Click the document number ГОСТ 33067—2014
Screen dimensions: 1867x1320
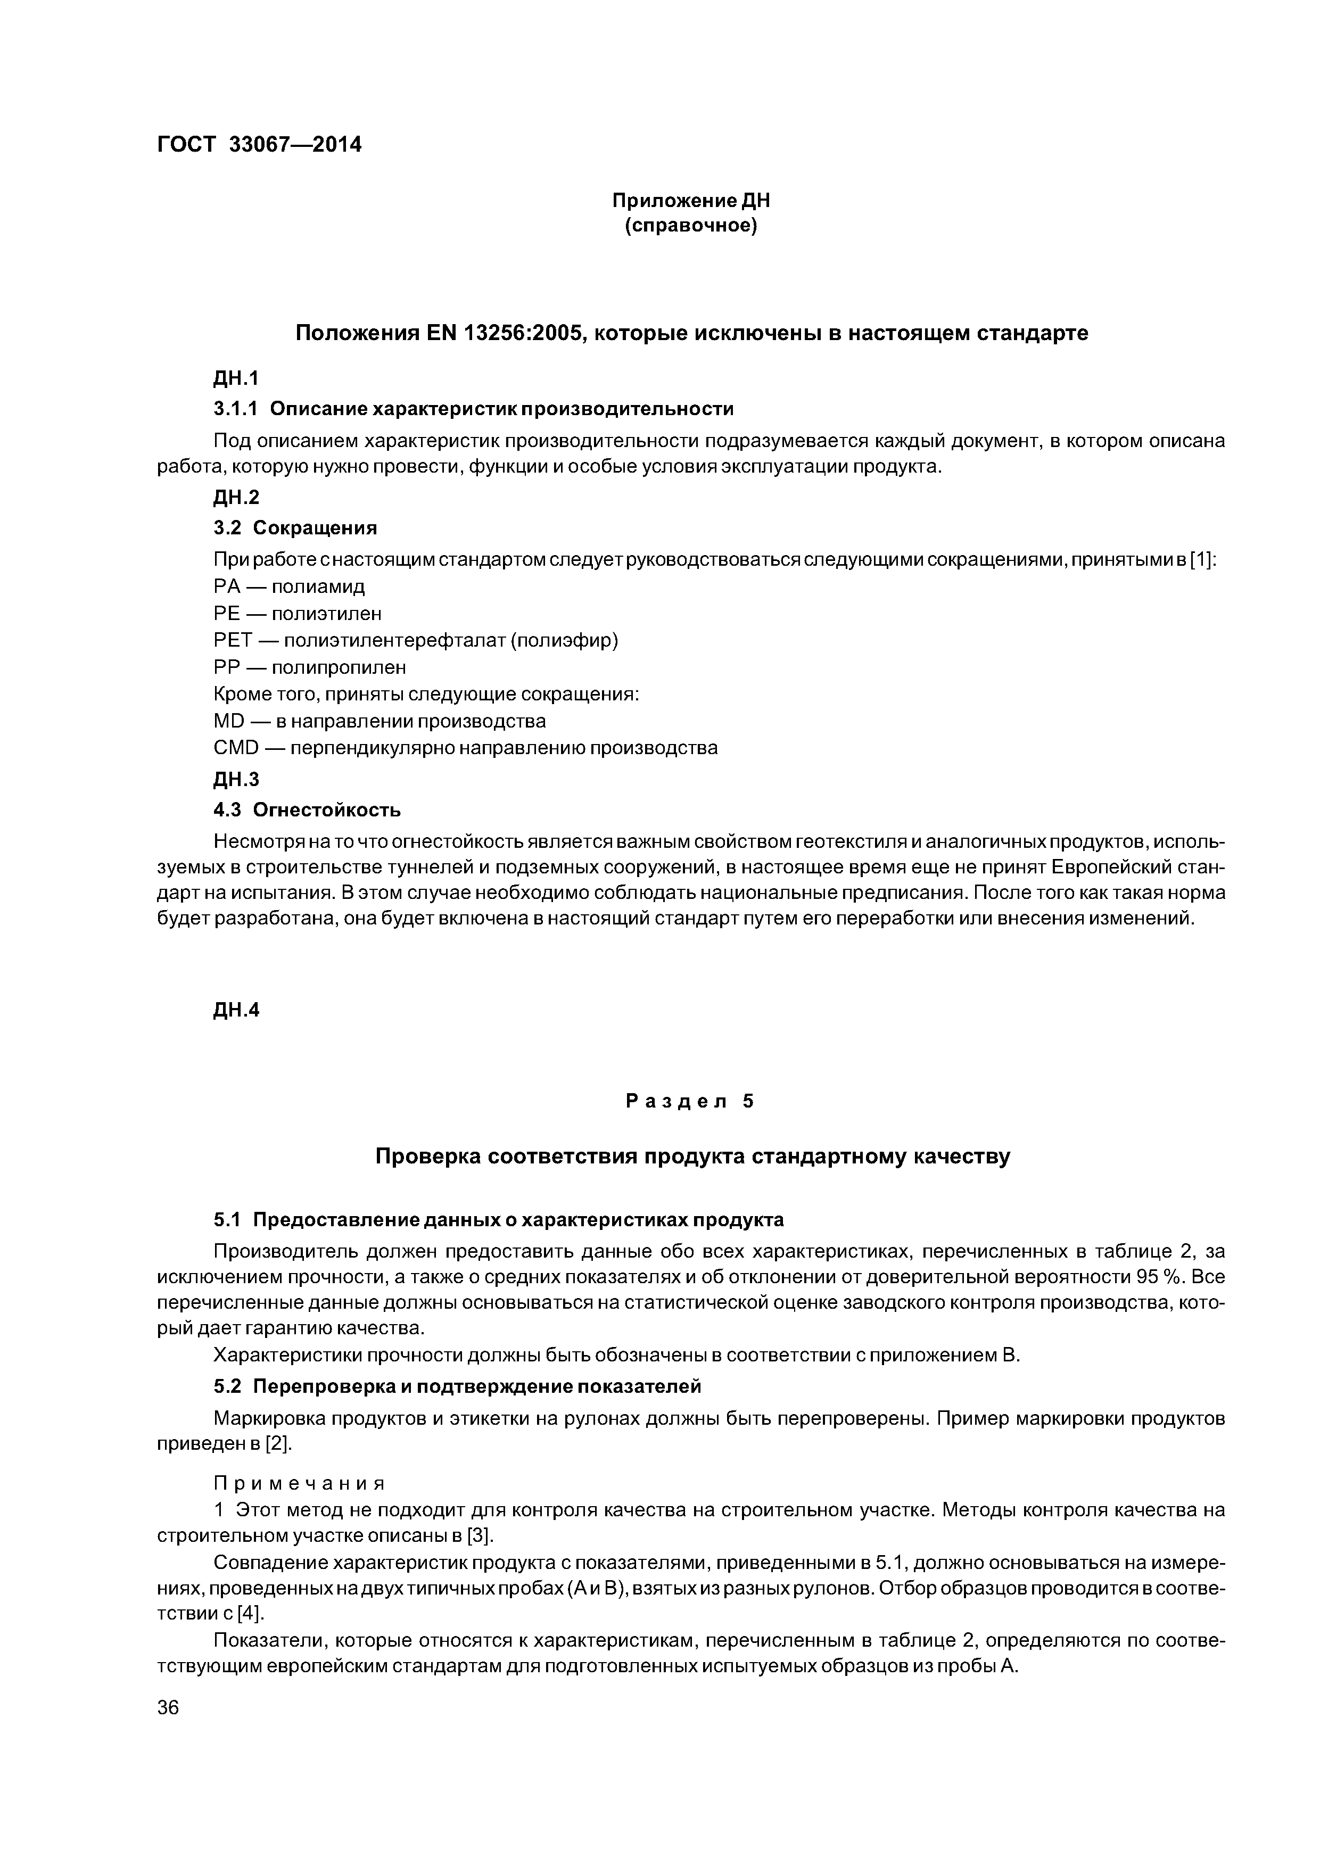point(259,145)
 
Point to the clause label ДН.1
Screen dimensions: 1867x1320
point(236,378)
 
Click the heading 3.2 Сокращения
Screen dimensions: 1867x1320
point(295,528)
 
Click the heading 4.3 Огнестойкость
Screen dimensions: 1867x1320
point(307,810)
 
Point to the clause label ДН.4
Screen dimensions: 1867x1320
point(236,1011)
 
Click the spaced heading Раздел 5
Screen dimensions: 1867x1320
point(690,1102)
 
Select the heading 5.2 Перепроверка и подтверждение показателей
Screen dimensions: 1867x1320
point(457,1385)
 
